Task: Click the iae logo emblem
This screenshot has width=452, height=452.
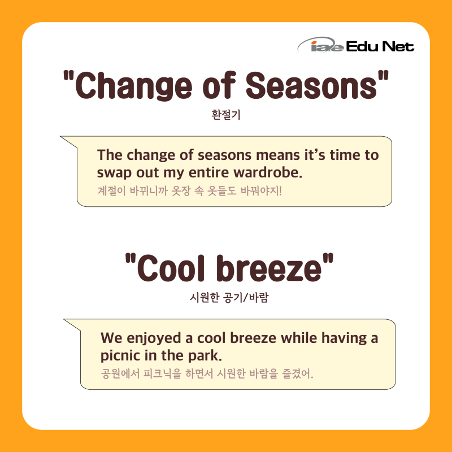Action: pyautogui.click(x=320, y=45)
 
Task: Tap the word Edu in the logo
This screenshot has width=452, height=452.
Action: pyautogui.click(x=362, y=46)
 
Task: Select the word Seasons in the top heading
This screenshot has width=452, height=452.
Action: pyautogui.click(x=311, y=86)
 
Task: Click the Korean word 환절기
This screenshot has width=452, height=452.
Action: pyautogui.click(x=225, y=115)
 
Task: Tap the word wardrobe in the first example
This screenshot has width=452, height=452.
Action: pyautogui.click(x=268, y=172)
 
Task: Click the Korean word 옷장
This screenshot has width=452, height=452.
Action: pyautogui.click(x=181, y=190)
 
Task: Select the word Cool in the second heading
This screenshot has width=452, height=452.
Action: pyautogui.click(x=171, y=268)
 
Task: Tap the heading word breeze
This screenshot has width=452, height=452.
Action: pyautogui.click(x=269, y=268)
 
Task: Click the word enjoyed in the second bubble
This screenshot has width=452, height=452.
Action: pyautogui.click(x=154, y=338)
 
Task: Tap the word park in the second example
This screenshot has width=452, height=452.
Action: pyautogui.click(x=205, y=355)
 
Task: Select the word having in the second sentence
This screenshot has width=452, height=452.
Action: pyautogui.click(x=342, y=338)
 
